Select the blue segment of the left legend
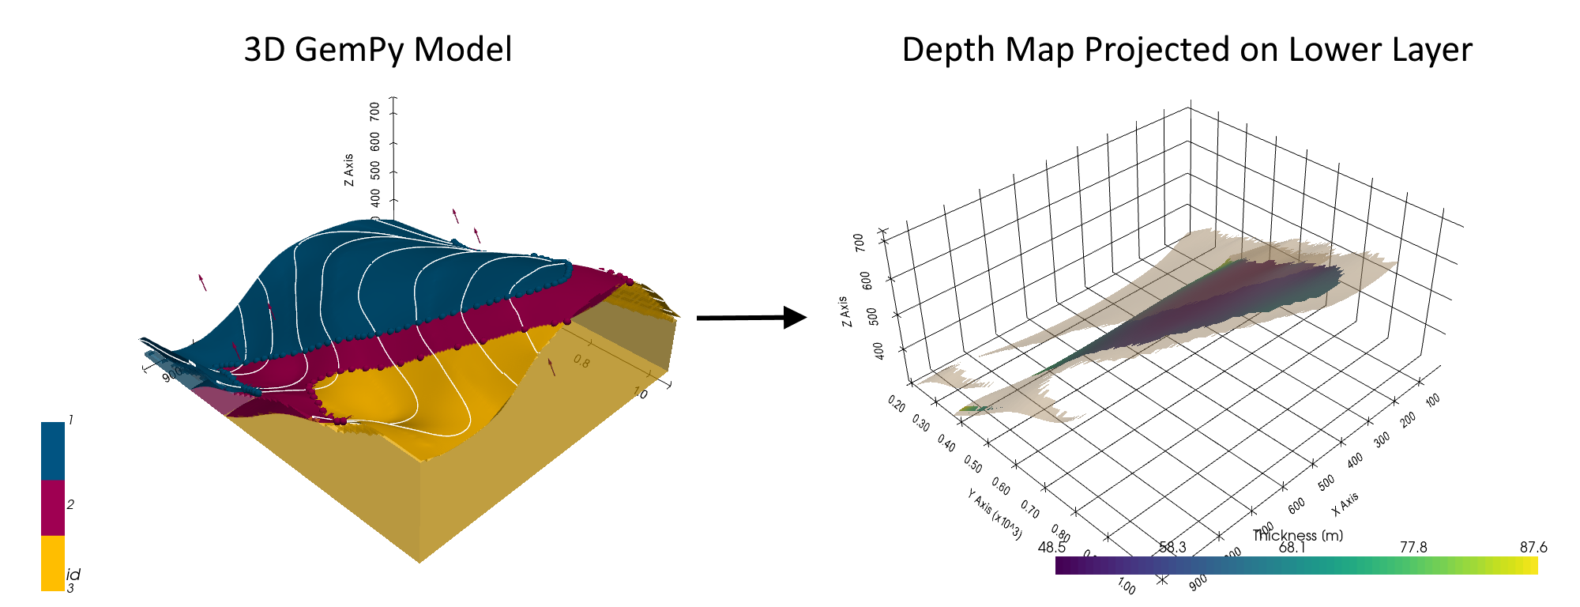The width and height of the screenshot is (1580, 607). tap(53, 451)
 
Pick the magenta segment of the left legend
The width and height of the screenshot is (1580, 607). tap(53, 507)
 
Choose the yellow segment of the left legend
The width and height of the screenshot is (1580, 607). tap(53, 563)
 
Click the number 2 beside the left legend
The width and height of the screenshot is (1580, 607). tap(71, 504)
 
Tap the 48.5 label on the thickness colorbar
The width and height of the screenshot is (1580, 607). tap(1052, 547)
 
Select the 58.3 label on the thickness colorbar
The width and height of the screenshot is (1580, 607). tap(1172, 547)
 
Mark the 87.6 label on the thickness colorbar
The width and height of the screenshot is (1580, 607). tap(1533, 547)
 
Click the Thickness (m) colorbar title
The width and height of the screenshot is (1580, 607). tap(1297, 535)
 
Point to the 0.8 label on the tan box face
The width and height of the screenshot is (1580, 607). tap(581, 361)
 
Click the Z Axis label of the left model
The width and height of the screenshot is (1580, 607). tap(349, 169)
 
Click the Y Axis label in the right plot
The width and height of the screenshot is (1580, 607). tap(995, 512)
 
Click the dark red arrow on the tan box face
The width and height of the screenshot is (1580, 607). tap(551, 366)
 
